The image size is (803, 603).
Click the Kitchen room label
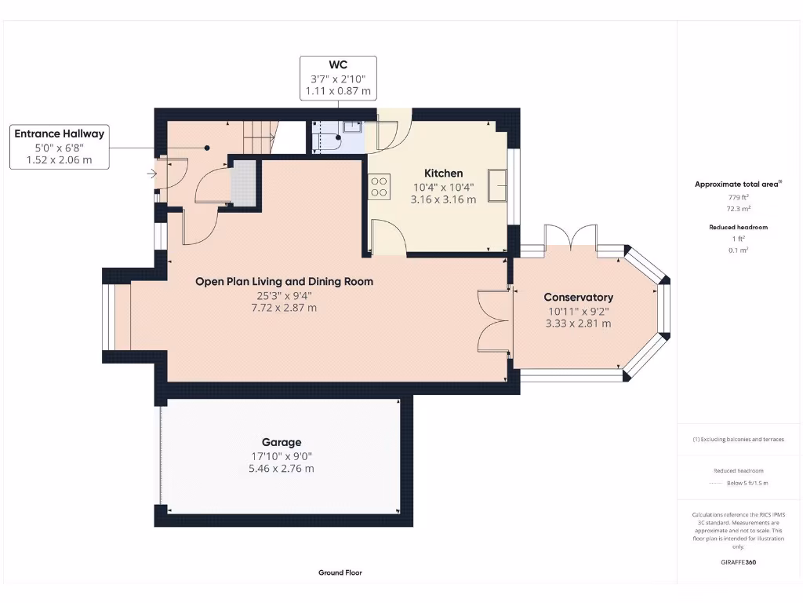pos(443,173)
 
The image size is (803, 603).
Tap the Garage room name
pos(281,442)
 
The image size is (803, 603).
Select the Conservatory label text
pos(579,297)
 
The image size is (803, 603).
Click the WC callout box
pos(338,78)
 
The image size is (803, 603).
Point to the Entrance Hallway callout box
pos(60,147)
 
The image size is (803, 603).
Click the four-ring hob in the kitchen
pos(379,186)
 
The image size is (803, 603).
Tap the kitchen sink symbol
pos(496,185)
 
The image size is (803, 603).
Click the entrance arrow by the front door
pos(151,174)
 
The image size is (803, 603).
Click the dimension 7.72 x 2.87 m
pos(284,308)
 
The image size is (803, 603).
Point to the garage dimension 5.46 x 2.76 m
pos(281,469)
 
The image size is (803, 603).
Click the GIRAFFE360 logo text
pos(738,562)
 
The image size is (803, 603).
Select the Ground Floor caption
pos(340,572)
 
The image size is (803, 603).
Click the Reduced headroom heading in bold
pos(738,227)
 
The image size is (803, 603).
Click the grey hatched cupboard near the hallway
pos(244,183)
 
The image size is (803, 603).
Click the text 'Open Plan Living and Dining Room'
pos(284,281)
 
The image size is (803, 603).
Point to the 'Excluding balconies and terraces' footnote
pos(738,439)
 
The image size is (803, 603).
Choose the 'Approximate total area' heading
pos(736,185)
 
